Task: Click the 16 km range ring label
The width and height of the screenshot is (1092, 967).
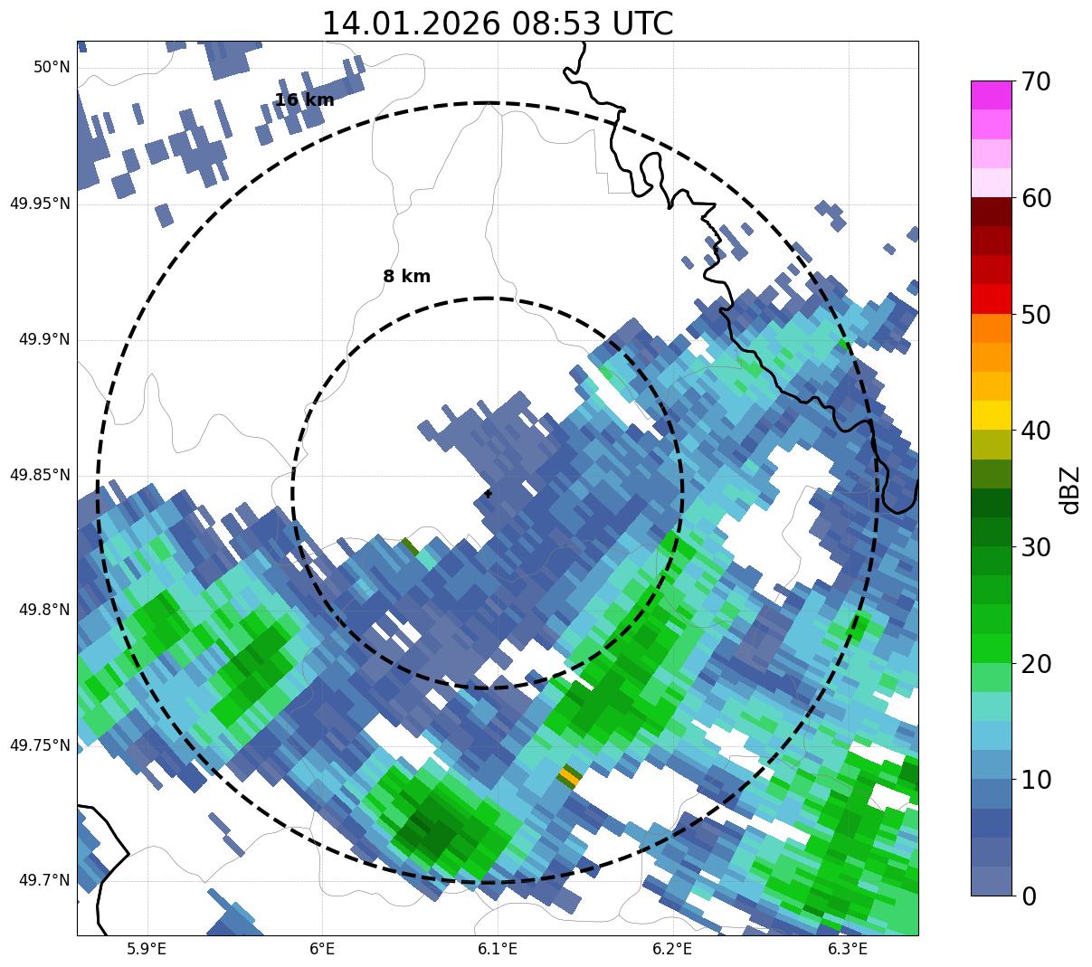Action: [304, 100]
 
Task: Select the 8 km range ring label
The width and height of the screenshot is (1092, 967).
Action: [406, 277]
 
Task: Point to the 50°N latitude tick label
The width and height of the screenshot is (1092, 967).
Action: [52, 67]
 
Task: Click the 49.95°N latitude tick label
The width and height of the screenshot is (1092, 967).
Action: [40, 204]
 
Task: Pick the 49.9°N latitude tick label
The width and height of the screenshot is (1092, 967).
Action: [44, 340]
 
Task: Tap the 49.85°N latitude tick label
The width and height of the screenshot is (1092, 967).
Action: [40, 475]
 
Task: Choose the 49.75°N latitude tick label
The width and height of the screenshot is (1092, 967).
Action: [40, 745]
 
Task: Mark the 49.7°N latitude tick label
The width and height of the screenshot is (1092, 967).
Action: [44, 880]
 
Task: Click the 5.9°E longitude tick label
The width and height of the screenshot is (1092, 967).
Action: [147, 949]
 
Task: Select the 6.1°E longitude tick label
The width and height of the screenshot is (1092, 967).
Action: [497, 949]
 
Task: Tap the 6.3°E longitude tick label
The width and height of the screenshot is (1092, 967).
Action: [848, 949]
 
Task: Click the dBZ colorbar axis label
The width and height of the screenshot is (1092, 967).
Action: [1070, 489]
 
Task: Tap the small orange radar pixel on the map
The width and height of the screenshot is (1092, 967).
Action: [569, 775]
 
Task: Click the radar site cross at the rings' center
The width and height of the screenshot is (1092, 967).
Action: [488, 493]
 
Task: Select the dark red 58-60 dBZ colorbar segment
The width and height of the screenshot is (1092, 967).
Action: [992, 212]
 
